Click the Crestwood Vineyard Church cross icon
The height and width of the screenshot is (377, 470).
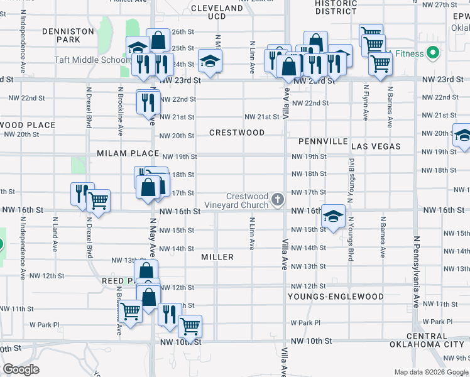[278, 200]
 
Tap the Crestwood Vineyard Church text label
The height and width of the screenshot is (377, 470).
[247, 200]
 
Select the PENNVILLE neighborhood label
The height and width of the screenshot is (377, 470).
[323, 141]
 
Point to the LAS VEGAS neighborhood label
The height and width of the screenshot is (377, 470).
[376, 146]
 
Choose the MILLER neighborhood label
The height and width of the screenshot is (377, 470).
[217, 257]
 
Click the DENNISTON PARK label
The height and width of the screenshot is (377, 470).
[68, 35]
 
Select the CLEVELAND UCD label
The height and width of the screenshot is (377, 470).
[216, 12]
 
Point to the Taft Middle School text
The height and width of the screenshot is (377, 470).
[101, 60]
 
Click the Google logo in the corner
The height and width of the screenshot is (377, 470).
[21, 369]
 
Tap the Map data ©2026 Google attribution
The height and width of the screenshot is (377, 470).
[432, 372]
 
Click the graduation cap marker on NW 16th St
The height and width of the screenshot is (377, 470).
[333, 216]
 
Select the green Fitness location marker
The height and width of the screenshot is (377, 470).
[432, 53]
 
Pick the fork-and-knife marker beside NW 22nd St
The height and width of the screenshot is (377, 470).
[147, 102]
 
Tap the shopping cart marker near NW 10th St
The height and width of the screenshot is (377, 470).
[190, 325]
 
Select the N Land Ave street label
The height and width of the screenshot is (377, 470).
[55, 232]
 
